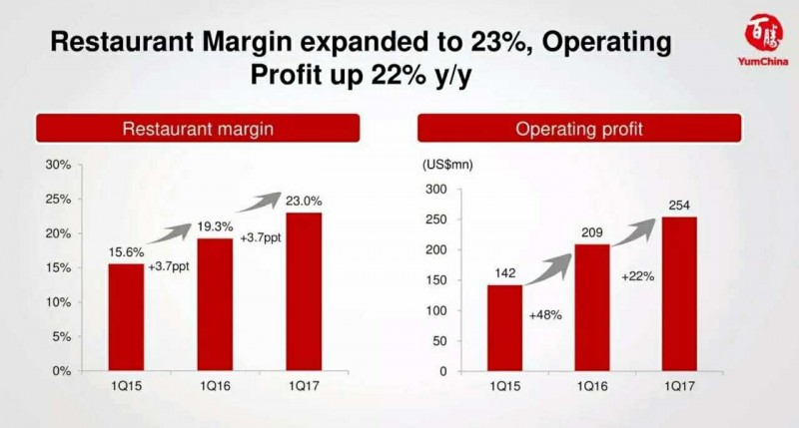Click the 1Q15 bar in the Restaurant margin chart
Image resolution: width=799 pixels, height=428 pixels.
pyautogui.click(x=126, y=316)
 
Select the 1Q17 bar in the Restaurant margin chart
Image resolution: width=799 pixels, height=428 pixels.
pyautogui.click(x=305, y=290)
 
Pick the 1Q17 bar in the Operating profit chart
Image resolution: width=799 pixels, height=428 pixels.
pyautogui.click(x=678, y=293)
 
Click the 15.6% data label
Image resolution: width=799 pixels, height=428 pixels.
pyautogui.click(x=125, y=253)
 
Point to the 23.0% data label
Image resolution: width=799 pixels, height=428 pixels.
pyautogui.click(x=304, y=202)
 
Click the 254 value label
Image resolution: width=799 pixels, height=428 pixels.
pyautogui.click(x=678, y=207)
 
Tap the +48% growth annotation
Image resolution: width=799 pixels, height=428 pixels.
pyautogui.click(x=545, y=315)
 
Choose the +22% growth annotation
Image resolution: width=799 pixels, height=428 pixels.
pyautogui.click(x=636, y=275)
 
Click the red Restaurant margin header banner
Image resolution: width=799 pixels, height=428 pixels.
pyautogui.click(x=198, y=129)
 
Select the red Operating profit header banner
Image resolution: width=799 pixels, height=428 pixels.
pyautogui.click(x=579, y=129)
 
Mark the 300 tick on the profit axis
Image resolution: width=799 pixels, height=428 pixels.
pyautogui.click(x=436, y=190)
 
